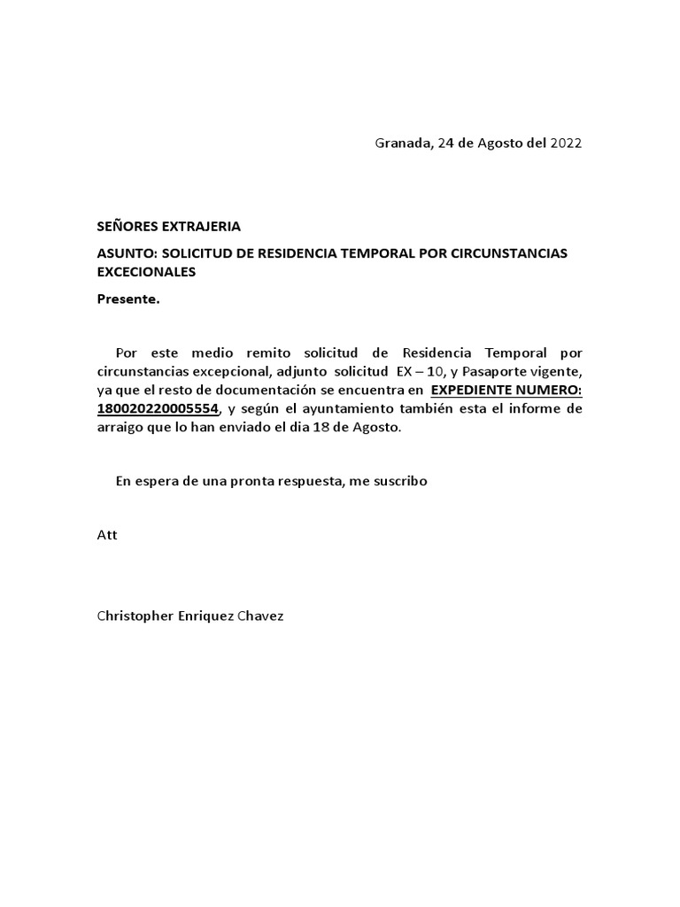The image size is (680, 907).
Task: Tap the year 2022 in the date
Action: [567, 143]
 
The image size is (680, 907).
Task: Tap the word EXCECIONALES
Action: [146, 272]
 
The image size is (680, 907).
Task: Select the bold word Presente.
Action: [128, 299]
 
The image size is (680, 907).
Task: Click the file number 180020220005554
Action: [157, 408]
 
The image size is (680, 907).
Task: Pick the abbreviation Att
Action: [106, 535]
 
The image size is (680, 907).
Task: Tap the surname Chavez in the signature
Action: [259, 616]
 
